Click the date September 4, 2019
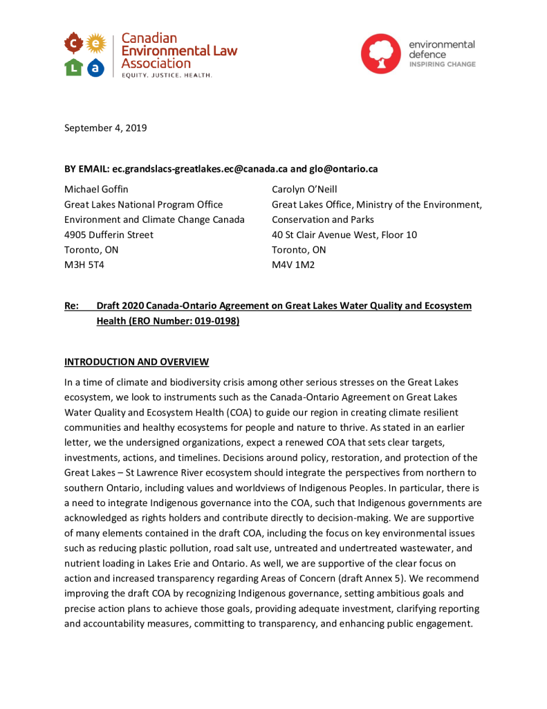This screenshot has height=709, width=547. click(105, 127)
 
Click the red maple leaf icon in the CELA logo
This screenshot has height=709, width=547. click(73, 45)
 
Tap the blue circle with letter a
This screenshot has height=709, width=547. click(97, 68)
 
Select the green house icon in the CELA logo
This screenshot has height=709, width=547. click(73, 68)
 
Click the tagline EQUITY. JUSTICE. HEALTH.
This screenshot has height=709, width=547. click(167, 75)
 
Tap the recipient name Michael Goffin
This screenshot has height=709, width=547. click(96, 188)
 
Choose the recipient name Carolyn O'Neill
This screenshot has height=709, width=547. click(305, 188)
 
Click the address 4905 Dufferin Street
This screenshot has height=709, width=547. click(109, 234)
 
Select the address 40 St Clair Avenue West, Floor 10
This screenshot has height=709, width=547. click(344, 234)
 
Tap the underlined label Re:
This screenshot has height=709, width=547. click(71, 305)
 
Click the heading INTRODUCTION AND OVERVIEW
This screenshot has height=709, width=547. click(136, 362)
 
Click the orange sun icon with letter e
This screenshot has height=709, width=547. click(97, 45)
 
